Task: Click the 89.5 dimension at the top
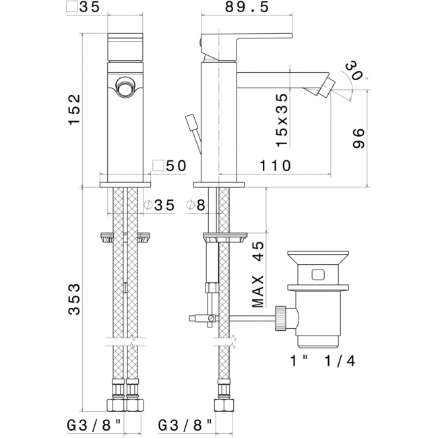pyautogui.click(x=247, y=7)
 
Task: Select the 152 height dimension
pyautogui.click(x=74, y=110)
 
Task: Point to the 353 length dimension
pyautogui.click(x=74, y=299)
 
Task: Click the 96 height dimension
pyautogui.click(x=358, y=138)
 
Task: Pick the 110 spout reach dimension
pyautogui.click(x=276, y=166)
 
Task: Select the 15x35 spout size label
pyautogui.click(x=282, y=120)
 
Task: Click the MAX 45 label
pyautogui.click(x=257, y=274)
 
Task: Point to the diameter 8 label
pyautogui.click(x=195, y=206)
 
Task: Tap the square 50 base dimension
pyautogui.click(x=169, y=166)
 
